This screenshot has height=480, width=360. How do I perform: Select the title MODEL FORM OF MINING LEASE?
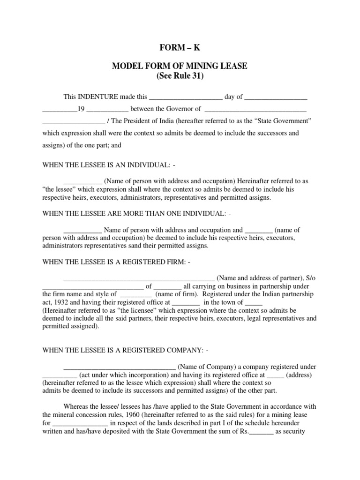click(180, 67)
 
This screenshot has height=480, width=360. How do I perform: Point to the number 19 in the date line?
click(81, 109)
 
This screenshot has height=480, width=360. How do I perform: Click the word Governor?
click(178, 109)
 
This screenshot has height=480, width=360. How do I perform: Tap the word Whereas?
click(77, 406)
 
